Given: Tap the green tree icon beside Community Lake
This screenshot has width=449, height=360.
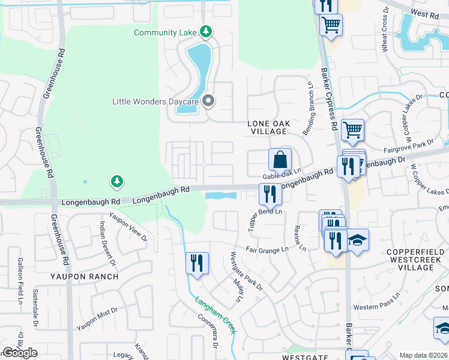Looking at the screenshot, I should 206,31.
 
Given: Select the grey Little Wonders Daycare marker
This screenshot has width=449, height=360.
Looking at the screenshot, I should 208,101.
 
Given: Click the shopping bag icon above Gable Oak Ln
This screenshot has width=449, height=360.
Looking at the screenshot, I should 280,160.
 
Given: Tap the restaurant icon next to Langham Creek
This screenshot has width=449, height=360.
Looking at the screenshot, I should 197,263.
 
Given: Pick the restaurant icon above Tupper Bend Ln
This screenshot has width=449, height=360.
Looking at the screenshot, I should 270,194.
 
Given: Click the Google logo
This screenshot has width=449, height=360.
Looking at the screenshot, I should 20,353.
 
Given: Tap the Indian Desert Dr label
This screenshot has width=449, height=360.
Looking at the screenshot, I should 107,242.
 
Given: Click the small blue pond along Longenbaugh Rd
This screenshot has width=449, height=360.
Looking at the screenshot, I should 220,196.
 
